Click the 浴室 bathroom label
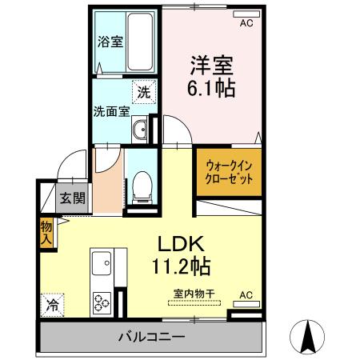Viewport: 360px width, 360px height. click(110, 42)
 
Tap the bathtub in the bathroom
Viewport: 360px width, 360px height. click(140, 42)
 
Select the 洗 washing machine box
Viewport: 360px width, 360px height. click(143, 92)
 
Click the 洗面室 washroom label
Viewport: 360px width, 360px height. click(111, 112)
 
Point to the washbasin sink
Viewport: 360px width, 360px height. click(141, 129)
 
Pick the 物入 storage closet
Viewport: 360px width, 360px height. click(46, 232)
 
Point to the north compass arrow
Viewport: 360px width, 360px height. click(307, 338)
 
